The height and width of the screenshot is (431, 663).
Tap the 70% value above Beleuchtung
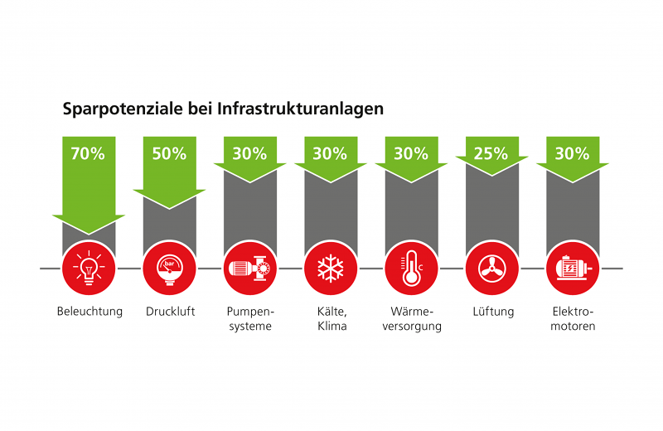[x=88, y=153]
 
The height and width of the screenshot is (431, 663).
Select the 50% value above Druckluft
[x=169, y=153]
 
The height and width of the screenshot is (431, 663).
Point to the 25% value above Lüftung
[x=492, y=153]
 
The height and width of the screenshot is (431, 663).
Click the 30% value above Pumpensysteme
[x=249, y=153]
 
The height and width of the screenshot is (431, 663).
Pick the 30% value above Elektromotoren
[x=573, y=153]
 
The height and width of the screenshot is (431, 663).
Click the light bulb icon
[x=89, y=269]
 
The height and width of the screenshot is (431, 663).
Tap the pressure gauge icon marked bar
[x=169, y=269]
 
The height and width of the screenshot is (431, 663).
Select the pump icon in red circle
[x=250, y=269]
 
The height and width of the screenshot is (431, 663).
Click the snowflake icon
[x=331, y=269]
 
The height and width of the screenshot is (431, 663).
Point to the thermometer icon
[x=411, y=269]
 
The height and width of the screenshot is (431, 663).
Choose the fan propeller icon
[x=492, y=269]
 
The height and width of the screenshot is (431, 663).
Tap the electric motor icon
[x=573, y=269]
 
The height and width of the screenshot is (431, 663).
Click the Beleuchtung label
[x=90, y=312]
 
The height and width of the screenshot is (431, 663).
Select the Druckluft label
[x=169, y=312]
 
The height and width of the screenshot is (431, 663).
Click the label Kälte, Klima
[x=331, y=319]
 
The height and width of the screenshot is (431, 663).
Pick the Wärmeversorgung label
[x=412, y=319]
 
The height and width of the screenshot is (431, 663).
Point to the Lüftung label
[x=492, y=312]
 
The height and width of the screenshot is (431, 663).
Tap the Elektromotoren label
[x=573, y=319]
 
